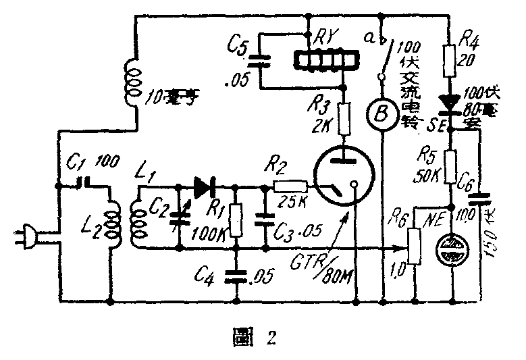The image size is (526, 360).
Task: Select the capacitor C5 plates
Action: pos(262,59)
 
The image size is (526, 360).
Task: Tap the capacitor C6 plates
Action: pos(480,199)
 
